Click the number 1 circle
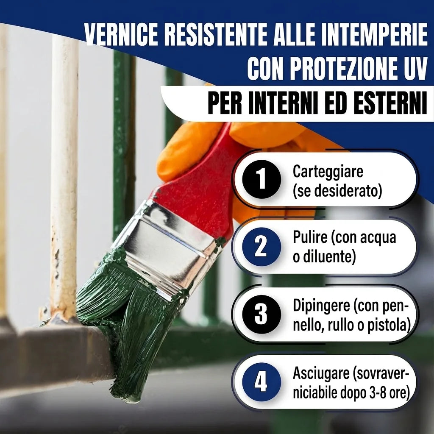[262, 179]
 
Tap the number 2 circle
[262, 247]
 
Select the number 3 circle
[262, 314]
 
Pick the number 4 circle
[262, 382]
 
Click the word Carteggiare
[328, 172]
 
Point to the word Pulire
[310, 237]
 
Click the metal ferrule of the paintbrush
[163, 249]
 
